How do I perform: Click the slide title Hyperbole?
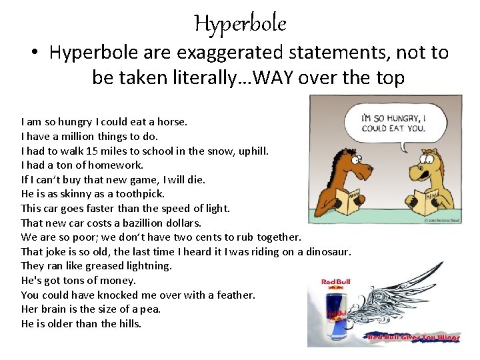240,24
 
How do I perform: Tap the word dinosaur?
327,251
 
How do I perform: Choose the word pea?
151,309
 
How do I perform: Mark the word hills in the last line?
129,324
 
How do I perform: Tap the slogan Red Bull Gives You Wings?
414,338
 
